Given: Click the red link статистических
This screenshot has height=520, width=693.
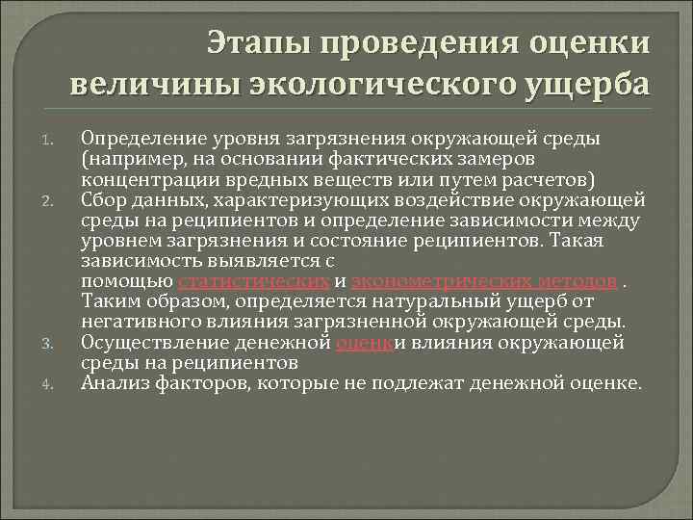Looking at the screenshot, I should (254, 280).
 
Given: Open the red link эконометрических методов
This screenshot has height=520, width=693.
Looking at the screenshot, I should (484, 280).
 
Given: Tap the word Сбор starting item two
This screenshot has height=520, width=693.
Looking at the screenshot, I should (102, 199).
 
